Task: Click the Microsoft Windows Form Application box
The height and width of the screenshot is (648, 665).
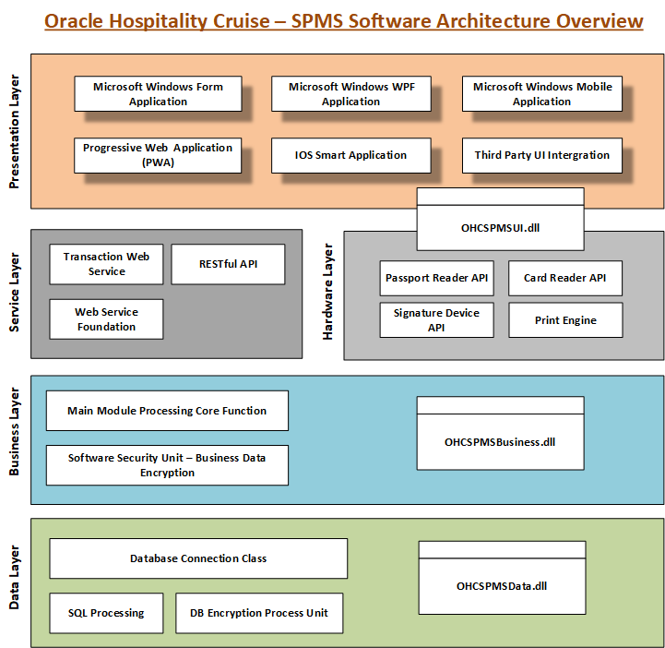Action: pyautogui.click(x=158, y=94)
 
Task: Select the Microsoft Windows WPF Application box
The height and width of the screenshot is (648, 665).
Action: pyautogui.click(x=350, y=94)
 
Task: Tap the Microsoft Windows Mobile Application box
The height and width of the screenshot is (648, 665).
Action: pyautogui.click(x=541, y=94)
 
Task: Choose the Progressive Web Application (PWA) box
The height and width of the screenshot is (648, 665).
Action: pyautogui.click(x=158, y=155)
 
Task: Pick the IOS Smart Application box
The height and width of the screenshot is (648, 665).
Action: pyautogui.click(x=350, y=155)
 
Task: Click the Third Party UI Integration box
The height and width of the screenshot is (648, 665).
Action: pyautogui.click(x=541, y=155)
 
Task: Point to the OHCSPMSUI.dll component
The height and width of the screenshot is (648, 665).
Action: pyautogui.click(x=500, y=225)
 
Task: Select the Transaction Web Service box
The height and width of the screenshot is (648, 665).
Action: pyautogui.click(x=106, y=264)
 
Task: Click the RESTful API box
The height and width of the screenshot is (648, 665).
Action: pyautogui.click(x=228, y=264)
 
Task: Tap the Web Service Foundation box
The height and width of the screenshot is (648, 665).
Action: pyautogui.click(x=106, y=319)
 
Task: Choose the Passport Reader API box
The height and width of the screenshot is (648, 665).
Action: pyautogui.click(x=436, y=278)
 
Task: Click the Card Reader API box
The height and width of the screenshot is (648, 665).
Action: pyautogui.click(x=565, y=278)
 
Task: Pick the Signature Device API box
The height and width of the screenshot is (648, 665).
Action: pyautogui.click(x=436, y=319)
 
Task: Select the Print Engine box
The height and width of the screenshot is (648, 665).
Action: pyautogui.click(x=565, y=320)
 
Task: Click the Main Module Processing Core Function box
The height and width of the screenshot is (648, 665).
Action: pyautogui.click(x=167, y=411)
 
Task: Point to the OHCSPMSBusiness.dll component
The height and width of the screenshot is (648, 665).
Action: pyautogui.click(x=500, y=441)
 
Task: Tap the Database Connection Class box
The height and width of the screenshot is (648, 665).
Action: pyautogui.click(x=198, y=558)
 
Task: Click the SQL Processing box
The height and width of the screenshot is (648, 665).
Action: pyautogui.click(x=106, y=613)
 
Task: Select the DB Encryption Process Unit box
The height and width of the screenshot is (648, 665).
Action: pyautogui.click(x=258, y=613)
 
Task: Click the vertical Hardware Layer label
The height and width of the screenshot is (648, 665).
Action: pyautogui.click(x=328, y=293)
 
